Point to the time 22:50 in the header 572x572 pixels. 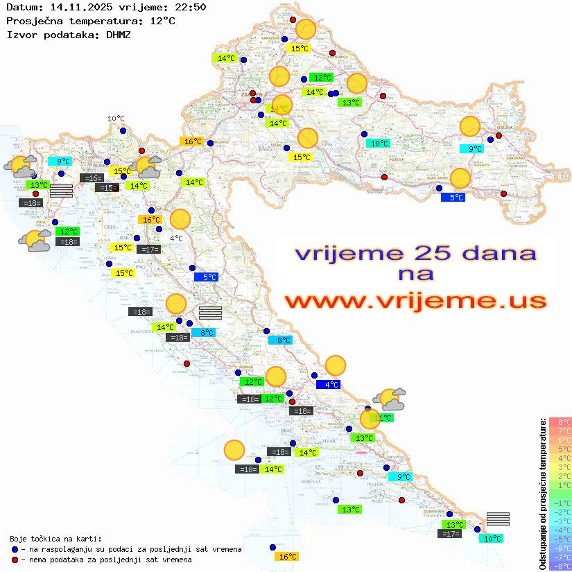pyautogui.click(x=191, y=8)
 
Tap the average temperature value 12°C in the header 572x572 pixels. pyautogui.click(x=162, y=21)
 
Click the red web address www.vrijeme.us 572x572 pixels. pyautogui.click(x=415, y=301)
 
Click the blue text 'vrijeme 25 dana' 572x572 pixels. pyautogui.click(x=415, y=252)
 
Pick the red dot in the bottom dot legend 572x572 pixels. pyautogui.click(x=15, y=560)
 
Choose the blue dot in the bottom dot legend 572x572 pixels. pyautogui.click(x=15, y=549)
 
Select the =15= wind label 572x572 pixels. pyautogui.click(x=107, y=188)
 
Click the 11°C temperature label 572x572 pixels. pyautogui.click(x=383, y=418)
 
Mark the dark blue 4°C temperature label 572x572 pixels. pyautogui.click(x=328, y=384)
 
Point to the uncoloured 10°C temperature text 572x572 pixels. pyautogui.click(x=116, y=119)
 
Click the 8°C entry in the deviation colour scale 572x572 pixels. pyautogui.click(x=560, y=422)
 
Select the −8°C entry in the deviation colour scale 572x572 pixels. pyautogui.click(x=560, y=566)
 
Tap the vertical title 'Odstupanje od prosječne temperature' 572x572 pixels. pyautogui.click(x=541, y=494)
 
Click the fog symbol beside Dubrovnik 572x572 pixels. pyautogui.click(x=498, y=519)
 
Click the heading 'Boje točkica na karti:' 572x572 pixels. pyautogui.click(x=56, y=539)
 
